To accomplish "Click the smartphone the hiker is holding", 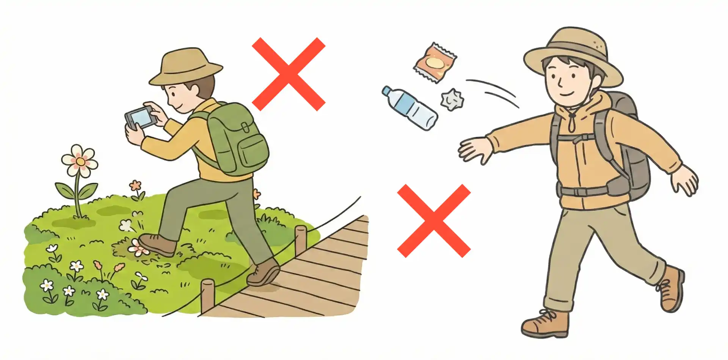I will point(141,117).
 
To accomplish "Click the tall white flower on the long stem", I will point(80,161).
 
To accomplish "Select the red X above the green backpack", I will point(289,74).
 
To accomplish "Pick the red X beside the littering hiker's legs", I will point(434,221).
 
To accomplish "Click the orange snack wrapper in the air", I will point(435,62).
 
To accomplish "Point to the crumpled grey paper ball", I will point(452,99).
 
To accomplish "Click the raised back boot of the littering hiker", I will point(672,288).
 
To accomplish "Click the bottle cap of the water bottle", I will point(387,91).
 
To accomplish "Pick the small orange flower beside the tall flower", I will point(135,186).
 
